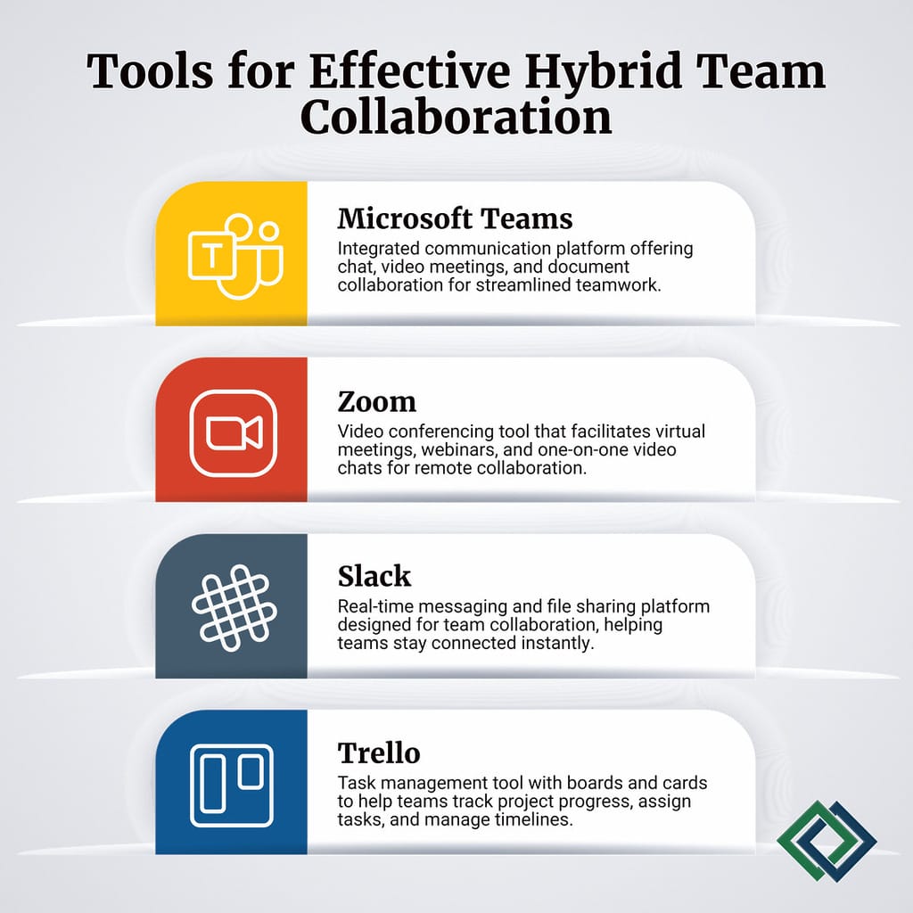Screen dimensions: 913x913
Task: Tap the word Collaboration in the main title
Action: (x=456, y=119)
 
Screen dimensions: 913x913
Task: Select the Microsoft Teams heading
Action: (x=455, y=218)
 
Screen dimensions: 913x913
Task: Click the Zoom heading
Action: (x=376, y=401)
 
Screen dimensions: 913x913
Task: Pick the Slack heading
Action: (x=374, y=576)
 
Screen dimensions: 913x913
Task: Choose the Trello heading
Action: (x=379, y=753)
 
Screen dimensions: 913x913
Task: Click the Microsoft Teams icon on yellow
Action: (x=234, y=255)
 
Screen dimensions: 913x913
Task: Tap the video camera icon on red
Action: (x=234, y=432)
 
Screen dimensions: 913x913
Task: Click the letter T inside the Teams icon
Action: (x=211, y=258)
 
